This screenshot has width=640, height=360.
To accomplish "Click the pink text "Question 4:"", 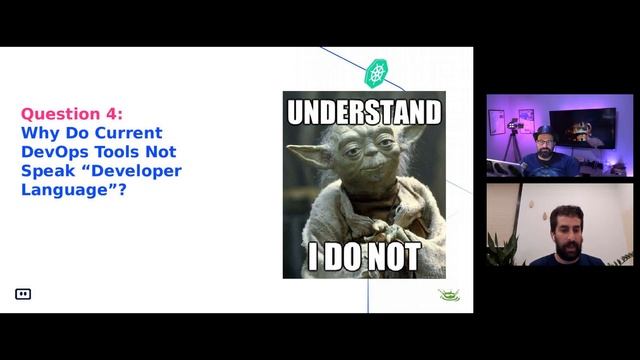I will (72, 114).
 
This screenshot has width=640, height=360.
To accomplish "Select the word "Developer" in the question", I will (135, 170).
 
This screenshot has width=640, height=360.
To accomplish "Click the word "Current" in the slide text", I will (124, 133).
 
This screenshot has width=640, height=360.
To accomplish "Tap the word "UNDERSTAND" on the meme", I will (363, 110).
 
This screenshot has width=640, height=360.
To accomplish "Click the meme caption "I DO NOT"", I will (363, 258).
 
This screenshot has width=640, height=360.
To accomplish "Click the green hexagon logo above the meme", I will (377, 72).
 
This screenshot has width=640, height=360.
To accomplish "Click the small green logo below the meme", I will (449, 295).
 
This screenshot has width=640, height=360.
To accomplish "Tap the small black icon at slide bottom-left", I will (23, 294).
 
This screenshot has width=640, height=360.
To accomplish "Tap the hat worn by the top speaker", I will (544, 131).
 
